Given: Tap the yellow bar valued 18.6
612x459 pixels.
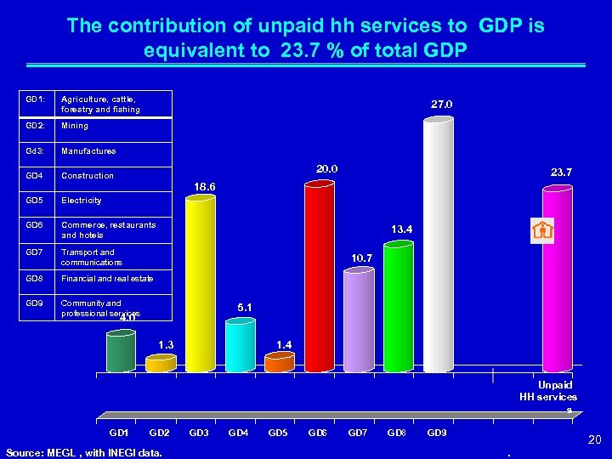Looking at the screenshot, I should pyautogui.click(x=200, y=285).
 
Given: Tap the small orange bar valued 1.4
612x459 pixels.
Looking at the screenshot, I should pyautogui.click(x=279, y=363).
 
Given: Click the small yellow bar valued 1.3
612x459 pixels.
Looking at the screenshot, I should pyautogui.click(x=160, y=364).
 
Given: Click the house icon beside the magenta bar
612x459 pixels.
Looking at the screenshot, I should pyautogui.click(x=541, y=230).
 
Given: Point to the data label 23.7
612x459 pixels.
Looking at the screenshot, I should pyautogui.click(x=561, y=172).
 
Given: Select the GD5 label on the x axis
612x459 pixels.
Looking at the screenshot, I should pyautogui.click(x=278, y=433).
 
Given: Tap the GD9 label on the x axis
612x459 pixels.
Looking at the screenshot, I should pyautogui.click(x=437, y=433).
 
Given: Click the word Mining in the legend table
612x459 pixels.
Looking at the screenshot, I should pyautogui.click(x=75, y=126).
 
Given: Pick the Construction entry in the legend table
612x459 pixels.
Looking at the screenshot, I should pyautogui.click(x=87, y=176).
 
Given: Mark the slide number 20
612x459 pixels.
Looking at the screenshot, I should pyautogui.click(x=595, y=439).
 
